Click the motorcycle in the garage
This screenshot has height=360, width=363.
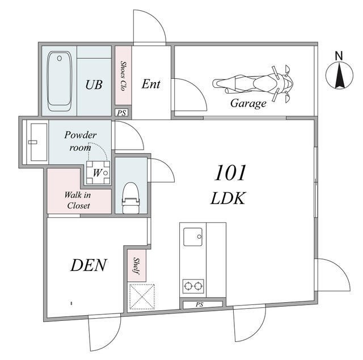(252, 84)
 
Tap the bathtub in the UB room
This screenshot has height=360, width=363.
(59, 81)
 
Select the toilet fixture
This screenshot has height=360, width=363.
(131, 198)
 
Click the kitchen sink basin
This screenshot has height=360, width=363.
(193, 236)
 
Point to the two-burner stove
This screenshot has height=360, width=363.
(193, 286)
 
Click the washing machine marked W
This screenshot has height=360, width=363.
(98, 172)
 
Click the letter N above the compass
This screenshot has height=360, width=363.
(339, 56)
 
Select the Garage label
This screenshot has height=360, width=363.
(248, 103)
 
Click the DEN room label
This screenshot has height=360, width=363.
(88, 265)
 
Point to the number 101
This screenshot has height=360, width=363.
(230, 173)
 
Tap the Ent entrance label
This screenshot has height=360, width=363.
(151, 84)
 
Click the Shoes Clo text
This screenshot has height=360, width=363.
(123, 75)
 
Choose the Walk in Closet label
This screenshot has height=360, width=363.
(78, 200)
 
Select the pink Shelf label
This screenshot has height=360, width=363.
(137, 266)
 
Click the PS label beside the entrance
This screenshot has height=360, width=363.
(121, 113)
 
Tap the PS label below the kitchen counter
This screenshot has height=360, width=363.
(199, 304)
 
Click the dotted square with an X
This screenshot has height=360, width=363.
(142, 297)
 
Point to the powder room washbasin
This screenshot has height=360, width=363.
(39, 142)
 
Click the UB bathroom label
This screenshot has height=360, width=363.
(94, 84)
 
